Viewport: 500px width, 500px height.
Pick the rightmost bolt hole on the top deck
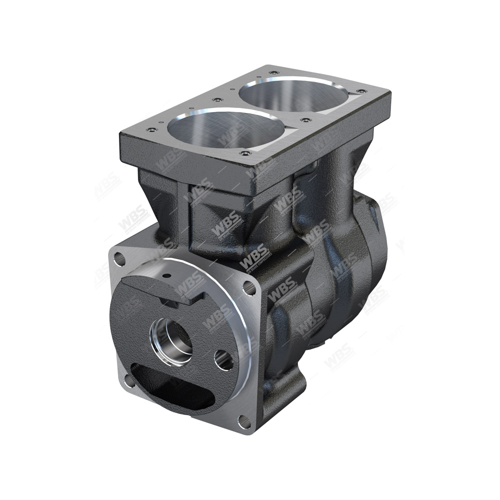(359, 91)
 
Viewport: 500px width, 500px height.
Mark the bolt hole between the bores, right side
(304, 120)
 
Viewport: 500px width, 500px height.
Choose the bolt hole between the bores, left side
(216, 100)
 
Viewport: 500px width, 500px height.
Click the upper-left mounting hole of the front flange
(119, 259)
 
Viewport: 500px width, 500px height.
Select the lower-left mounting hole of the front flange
(129, 380)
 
